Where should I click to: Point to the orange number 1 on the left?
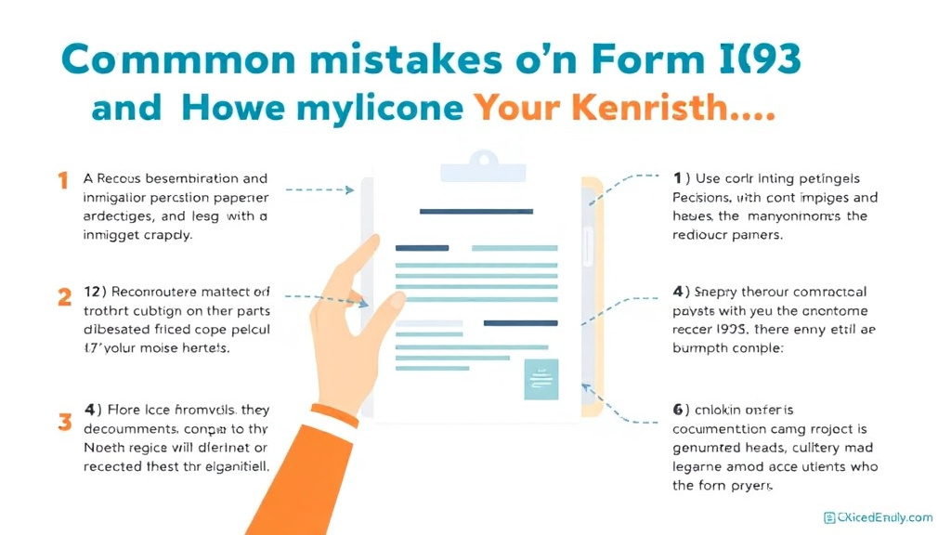tap(63, 180)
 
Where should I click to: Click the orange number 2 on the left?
tap(64, 297)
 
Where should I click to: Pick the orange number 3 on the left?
tap(64, 421)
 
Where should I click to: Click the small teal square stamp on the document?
tap(541, 379)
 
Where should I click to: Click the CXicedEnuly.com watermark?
tap(878, 517)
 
